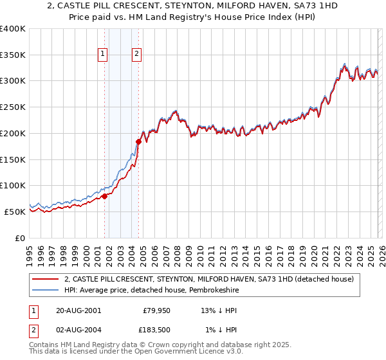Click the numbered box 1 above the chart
(x=103, y=55)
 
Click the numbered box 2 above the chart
(x=137, y=55)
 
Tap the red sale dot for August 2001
(x=104, y=197)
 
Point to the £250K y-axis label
(x=12, y=107)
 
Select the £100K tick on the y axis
(x=12, y=186)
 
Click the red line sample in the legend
(x=45, y=280)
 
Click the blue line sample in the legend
(x=45, y=291)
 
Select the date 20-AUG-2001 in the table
(x=78, y=310)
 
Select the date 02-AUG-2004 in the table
(x=78, y=330)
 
